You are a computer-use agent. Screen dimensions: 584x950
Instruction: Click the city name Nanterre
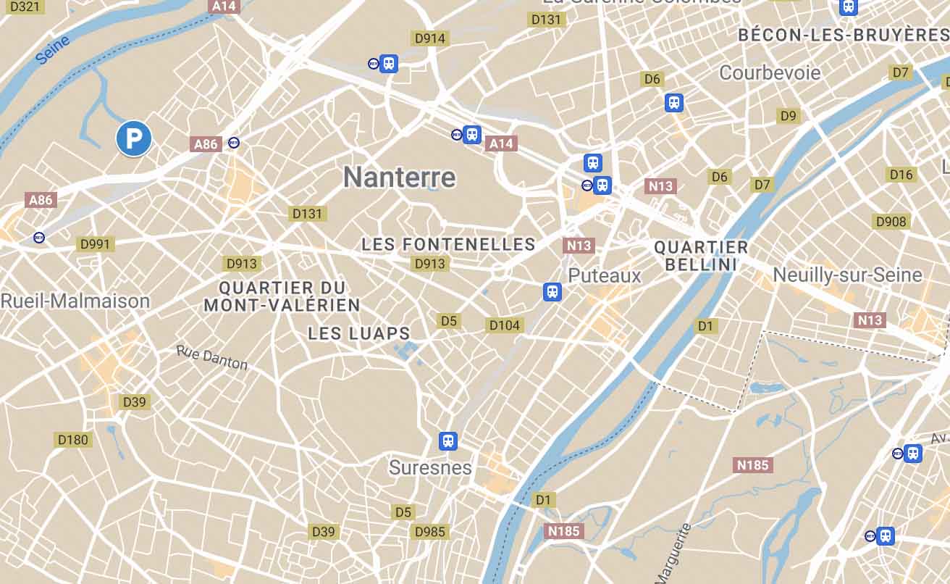[x=400, y=178]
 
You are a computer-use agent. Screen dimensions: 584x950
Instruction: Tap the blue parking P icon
[x=134, y=138]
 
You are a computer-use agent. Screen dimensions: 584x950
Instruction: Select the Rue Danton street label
[x=212, y=357]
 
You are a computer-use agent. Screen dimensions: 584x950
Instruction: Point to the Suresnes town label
[x=430, y=467]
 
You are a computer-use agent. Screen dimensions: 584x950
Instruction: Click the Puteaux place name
[x=605, y=275]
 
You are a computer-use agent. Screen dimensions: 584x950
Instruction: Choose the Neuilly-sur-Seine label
[x=847, y=275]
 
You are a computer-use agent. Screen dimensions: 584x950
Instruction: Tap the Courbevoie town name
[x=770, y=72]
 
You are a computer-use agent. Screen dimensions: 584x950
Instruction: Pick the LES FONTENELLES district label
[x=448, y=245]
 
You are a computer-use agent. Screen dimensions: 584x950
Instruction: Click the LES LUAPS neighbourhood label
[x=359, y=334]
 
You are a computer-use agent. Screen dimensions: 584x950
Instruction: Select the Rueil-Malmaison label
[x=75, y=301]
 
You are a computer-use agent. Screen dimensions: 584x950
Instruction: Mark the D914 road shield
[x=430, y=38]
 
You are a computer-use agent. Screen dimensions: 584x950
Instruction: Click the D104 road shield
[x=505, y=325]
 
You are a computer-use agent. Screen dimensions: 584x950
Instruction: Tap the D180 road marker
[x=72, y=440]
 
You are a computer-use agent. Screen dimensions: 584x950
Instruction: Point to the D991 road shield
[x=95, y=244]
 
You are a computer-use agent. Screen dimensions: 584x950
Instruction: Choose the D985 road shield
[x=430, y=533]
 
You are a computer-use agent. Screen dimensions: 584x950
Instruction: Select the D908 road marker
[x=891, y=221]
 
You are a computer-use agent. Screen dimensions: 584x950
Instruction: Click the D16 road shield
[x=901, y=175]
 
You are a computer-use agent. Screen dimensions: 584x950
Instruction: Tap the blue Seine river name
[x=53, y=50]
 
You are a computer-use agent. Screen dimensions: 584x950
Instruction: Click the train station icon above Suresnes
[x=448, y=441]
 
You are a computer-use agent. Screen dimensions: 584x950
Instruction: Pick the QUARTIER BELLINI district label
[x=701, y=256]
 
